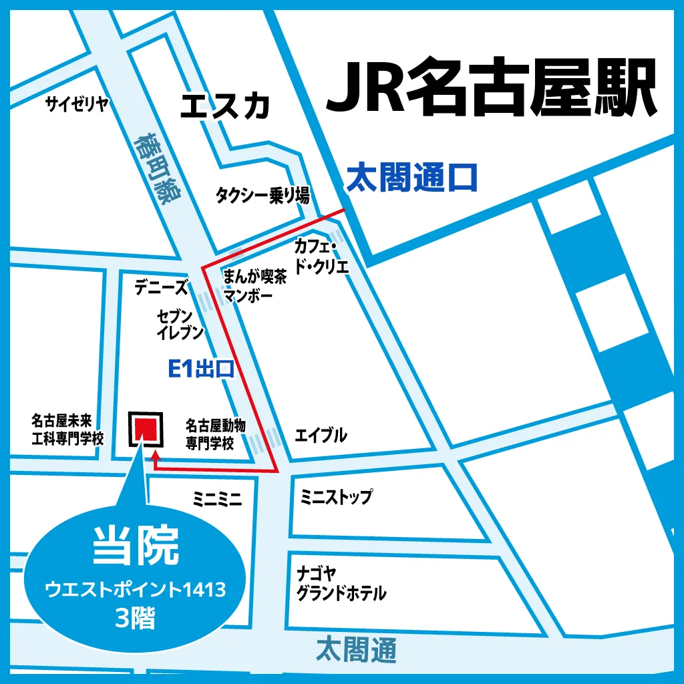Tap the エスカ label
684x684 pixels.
tap(225, 106)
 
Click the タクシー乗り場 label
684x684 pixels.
tap(262, 195)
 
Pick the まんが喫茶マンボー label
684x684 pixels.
tap(255, 286)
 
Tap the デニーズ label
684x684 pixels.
tap(161, 287)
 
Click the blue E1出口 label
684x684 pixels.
tap(200, 369)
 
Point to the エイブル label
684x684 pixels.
tap(321, 436)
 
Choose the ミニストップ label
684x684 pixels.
tap(336, 497)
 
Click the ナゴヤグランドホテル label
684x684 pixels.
tap(341, 583)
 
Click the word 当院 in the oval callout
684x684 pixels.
tap(136, 545)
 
